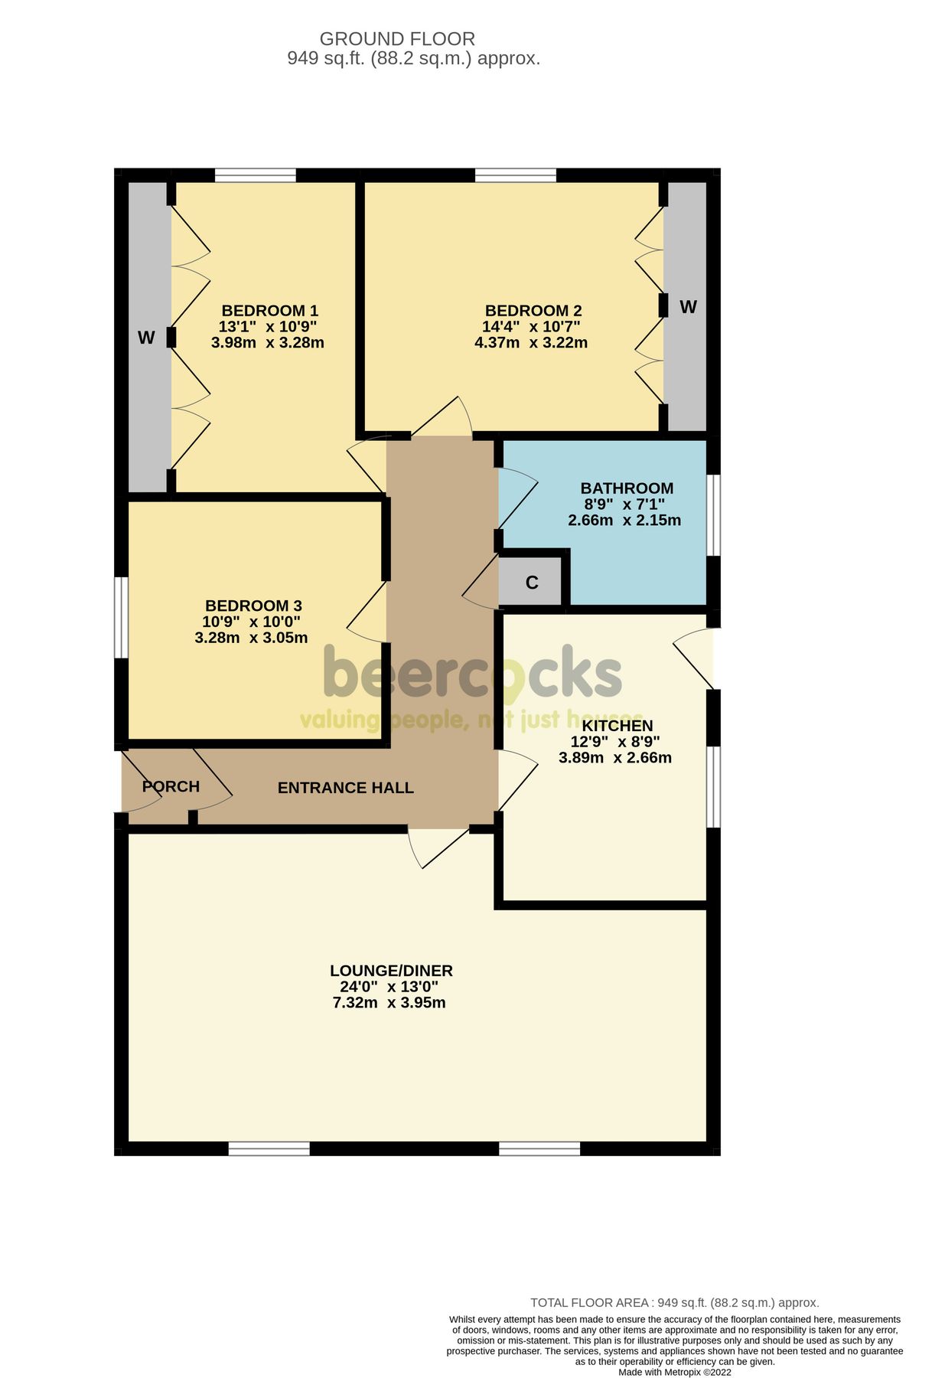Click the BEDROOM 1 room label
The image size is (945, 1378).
coord(269,311)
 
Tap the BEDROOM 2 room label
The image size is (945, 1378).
coord(533,311)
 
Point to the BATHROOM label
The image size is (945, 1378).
coord(627,488)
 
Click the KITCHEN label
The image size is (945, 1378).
coord(618,726)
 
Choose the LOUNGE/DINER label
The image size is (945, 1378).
coord(391,971)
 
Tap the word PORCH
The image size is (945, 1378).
coord(171,786)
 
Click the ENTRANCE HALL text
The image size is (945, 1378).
coord(345,788)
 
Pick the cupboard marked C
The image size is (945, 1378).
coord(532,583)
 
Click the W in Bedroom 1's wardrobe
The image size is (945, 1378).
coord(146,338)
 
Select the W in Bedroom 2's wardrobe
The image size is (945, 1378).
coord(688,307)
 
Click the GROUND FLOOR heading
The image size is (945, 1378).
coord(397,38)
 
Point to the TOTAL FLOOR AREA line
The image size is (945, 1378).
coord(674,1302)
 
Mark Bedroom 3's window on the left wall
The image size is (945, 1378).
coord(121,617)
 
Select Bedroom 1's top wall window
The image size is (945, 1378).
coord(255,175)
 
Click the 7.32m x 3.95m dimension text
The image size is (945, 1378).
coord(389,1003)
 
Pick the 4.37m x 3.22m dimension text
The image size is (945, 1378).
coord(530,343)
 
